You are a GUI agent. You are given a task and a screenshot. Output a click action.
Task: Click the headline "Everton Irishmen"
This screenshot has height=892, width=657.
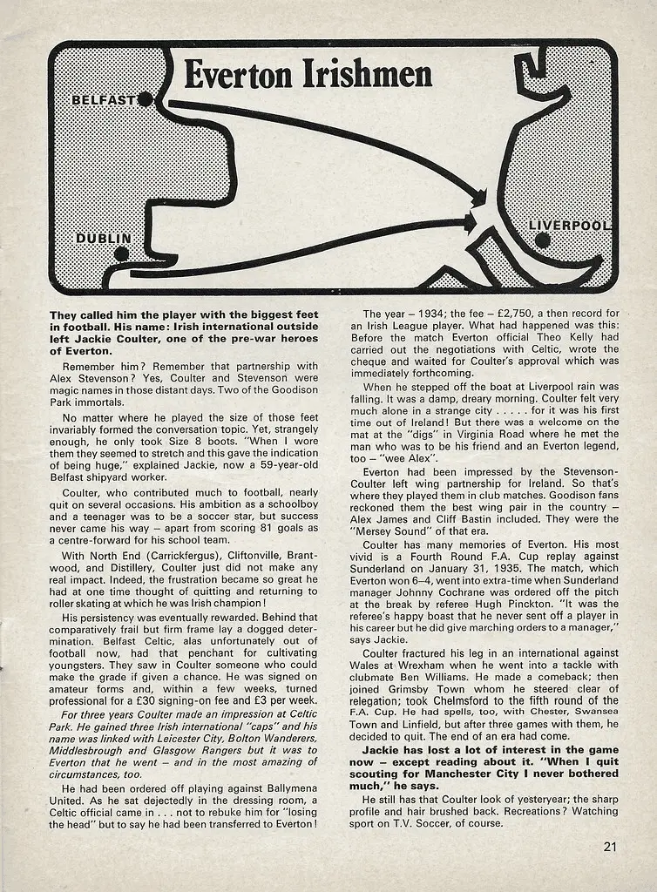(308, 75)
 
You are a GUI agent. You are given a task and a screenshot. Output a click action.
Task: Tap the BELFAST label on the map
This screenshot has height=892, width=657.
(103, 100)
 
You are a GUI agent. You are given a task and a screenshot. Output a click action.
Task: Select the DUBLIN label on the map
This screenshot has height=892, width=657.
(103, 238)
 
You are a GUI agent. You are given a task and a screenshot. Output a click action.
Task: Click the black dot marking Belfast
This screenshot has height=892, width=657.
(146, 100)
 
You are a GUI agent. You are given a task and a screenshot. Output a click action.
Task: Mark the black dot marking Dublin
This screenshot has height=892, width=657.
(121, 253)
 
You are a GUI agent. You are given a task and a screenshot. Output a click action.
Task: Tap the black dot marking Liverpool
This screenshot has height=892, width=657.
(543, 240)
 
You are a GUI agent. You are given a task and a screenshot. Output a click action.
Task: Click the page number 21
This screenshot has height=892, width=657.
(610, 845)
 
